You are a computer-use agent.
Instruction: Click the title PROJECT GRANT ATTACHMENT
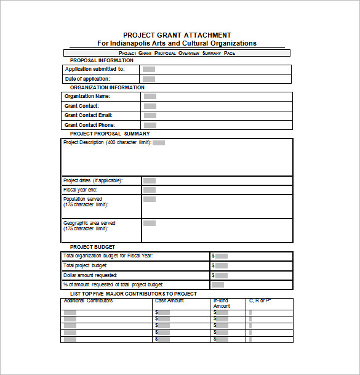(177, 35)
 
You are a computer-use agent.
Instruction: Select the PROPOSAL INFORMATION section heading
(102, 60)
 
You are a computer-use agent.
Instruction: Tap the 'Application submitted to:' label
(95, 70)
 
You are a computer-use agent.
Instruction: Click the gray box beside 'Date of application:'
(149, 79)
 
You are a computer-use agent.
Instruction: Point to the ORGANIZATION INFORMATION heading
(107, 87)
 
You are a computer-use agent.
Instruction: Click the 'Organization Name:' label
(87, 97)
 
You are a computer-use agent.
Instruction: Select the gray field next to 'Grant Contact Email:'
(150, 116)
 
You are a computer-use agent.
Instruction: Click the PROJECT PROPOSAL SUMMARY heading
(110, 134)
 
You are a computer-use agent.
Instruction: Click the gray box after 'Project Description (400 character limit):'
(159, 143)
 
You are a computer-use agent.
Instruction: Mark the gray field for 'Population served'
(150, 200)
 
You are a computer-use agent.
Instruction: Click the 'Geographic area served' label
(89, 223)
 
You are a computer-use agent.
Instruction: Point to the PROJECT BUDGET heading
(92, 247)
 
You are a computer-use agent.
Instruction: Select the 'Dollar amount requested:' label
(90, 275)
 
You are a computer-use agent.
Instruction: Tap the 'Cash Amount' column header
(169, 301)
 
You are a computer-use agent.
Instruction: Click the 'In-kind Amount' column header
(222, 304)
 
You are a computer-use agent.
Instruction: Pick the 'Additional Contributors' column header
(88, 301)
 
